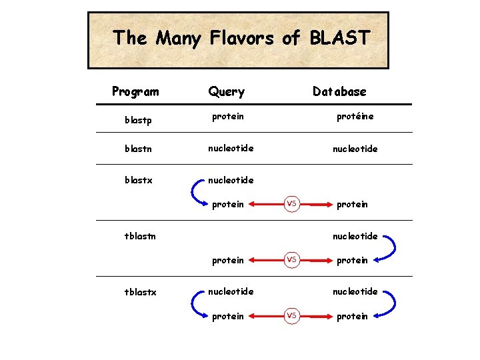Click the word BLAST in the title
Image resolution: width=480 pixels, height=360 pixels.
tap(339, 38)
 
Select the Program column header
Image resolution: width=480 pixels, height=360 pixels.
tap(135, 91)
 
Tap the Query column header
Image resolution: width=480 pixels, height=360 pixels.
tap(226, 92)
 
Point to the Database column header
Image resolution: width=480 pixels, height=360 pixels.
tap(339, 91)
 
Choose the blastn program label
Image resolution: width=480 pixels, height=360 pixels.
tap(138, 149)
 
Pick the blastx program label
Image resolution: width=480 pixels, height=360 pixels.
tap(138, 180)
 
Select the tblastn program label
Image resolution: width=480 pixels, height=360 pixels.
tap(139, 235)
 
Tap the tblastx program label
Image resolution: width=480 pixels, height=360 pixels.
tap(139, 291)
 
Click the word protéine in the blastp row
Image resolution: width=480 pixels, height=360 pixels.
tap(355, 117)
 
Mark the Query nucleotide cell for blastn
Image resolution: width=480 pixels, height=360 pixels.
tap(231, 148)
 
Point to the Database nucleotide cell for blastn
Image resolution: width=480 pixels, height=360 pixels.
tap(355, 149)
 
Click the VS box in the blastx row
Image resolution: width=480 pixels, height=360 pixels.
tap(291, 204)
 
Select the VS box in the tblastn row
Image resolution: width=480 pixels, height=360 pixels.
tap(291, 260)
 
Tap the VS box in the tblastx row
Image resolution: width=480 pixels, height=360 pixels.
tap(291, 316)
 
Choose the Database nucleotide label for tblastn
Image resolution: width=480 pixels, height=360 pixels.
tap(355, 236)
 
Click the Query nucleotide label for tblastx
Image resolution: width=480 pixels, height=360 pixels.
tap(231, 291)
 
